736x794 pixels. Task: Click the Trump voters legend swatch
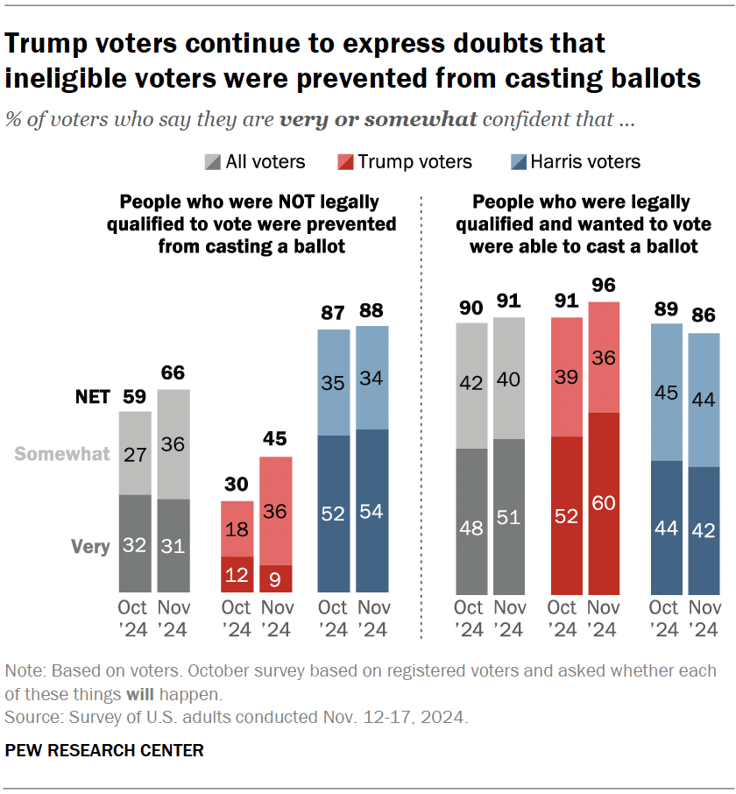(344, 162)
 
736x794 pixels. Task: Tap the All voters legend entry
(255, 162)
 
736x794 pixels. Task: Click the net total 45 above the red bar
(276, 438)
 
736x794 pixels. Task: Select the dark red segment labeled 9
(276, 578)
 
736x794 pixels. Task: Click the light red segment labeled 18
(237, 528)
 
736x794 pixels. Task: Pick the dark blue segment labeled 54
(372, 511)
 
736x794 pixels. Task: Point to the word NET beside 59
(92, 397)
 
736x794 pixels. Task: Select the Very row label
(89, 546)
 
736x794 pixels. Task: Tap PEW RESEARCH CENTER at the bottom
(104, 750)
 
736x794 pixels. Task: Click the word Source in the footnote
(31, 718)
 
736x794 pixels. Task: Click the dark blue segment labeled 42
(703, 529)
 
